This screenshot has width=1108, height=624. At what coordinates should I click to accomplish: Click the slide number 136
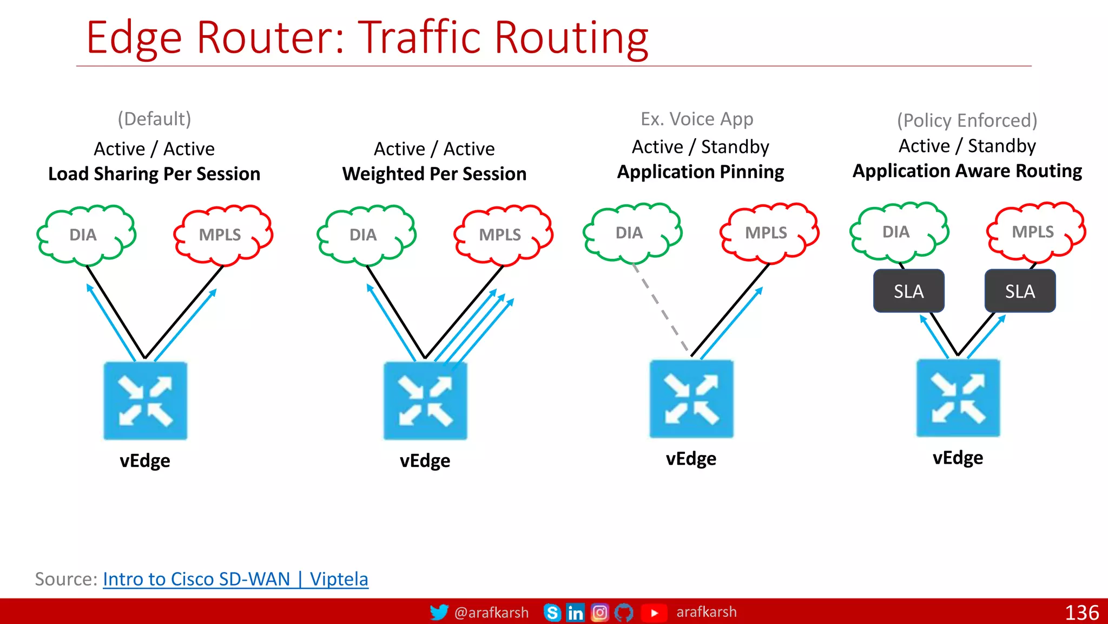pos(1081,613)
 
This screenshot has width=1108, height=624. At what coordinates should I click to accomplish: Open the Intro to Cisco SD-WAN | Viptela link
pos(235,579)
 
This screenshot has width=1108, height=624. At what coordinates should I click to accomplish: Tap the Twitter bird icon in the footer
pos(439,613)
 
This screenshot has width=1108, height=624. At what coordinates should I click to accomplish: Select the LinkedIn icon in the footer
pos(575,613)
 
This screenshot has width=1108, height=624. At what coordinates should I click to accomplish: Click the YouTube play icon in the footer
pos(654,613)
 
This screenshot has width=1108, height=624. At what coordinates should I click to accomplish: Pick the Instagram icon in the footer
pos(599,613)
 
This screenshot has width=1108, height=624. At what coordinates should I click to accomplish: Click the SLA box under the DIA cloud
pos(908,291)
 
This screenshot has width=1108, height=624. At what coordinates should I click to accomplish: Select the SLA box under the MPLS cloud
pos(1020,291)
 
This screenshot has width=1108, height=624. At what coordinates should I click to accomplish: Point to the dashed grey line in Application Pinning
pos(661,309)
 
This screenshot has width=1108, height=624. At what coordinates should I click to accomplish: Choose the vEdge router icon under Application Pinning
pos(691,399)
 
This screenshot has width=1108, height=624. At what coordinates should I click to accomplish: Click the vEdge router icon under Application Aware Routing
pos(958,398)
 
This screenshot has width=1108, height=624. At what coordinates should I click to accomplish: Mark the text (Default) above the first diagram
pos(154,119)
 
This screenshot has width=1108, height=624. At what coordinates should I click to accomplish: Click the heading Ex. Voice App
pos(697,119)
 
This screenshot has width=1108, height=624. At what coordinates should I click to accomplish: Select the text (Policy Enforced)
pos(967,120)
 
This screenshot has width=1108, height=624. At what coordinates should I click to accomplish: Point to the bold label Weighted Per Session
pos(434,174)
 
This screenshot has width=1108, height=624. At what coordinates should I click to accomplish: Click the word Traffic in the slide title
pos(419,37)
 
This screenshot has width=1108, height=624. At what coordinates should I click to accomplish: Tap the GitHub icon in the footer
pos(624,613)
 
